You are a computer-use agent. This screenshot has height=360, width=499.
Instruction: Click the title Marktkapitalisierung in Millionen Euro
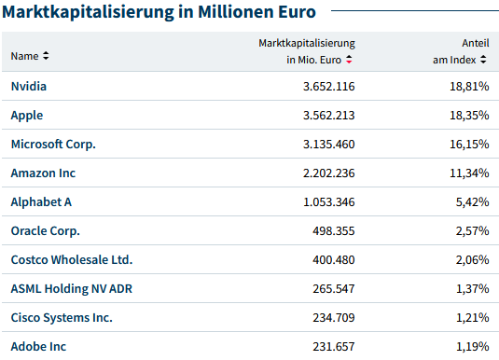click(x=159, y=12)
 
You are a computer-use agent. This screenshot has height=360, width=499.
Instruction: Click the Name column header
click(x=24, y=56)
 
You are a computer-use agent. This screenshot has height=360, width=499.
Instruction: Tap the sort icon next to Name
click(x=47, y=56)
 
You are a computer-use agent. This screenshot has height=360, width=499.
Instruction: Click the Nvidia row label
click(x=28, y=86)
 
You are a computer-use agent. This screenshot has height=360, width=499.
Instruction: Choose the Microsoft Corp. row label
click(x=53, y=144)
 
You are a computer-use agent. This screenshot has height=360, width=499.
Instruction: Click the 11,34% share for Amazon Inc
click(x=469, y=173)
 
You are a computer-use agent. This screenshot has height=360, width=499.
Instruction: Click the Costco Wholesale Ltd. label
click(x=72, y=259)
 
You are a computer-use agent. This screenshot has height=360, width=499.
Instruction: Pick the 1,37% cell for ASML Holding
click(x=472, y=288)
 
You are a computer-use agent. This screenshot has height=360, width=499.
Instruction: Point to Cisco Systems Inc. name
click(x=62, y=317)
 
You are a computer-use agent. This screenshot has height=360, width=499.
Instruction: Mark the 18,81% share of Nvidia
click(x=469, y=86)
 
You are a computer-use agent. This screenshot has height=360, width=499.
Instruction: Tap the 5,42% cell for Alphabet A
click(x=472, y=201)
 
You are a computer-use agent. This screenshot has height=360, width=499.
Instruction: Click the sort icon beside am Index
click(x=484, y=59)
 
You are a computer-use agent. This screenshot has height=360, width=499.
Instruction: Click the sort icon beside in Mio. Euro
click(x=349, y=59)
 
